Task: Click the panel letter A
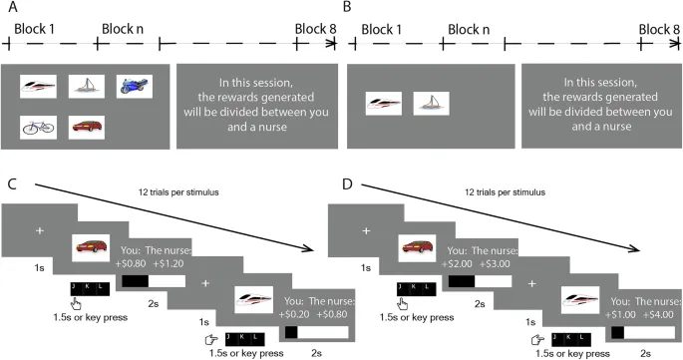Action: (x=13, y=7)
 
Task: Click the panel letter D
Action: (x=347, y=183)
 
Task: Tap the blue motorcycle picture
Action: (x=135, y=86)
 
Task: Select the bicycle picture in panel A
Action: (x=38, y=128)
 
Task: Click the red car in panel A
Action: (x=87, y=128)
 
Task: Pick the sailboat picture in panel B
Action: (x=431, y=104)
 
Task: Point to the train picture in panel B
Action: (x=383, y=104)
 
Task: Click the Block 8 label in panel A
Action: (x=315, y=29)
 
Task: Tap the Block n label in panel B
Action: (x=469, y=30)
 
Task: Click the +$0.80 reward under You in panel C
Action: (x=131, y=263)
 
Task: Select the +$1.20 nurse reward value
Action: (x=169, y=263)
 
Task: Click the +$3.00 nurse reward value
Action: (x=495, y=263)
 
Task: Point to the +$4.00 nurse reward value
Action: (x=658, y=314)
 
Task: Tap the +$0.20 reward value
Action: (x=294, y=314)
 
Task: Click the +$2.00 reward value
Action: (x=457, y=263)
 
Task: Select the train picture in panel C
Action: (x=254, y=300)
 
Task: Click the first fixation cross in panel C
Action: (x=40, y=230)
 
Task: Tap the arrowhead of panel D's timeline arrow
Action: (x=635, y=249)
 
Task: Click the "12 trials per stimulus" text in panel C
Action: (x=178, y=191)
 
